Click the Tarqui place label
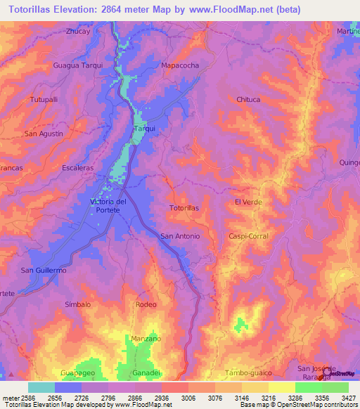point(144,129)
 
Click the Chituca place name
point(248,100)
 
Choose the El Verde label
point(248,202)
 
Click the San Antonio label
point(181,236)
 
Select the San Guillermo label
point(43,271)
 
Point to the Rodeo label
point(146,304)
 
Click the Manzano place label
point(145,339)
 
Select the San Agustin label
point(44,134)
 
